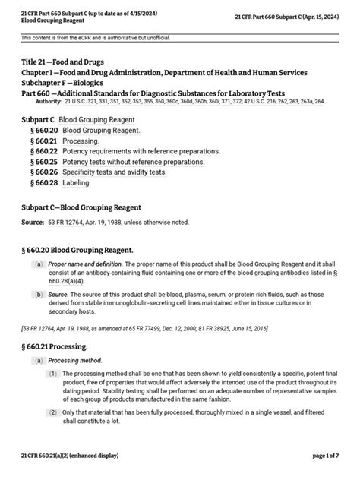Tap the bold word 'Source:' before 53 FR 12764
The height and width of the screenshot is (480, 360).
pos(33,222)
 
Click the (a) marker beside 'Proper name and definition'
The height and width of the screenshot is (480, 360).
pos(37,264)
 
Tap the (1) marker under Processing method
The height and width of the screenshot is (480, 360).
pos(53,374)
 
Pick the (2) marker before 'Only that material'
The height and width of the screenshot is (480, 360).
pos(53,412)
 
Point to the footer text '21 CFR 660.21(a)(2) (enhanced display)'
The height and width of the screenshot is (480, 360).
pos(69,455)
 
